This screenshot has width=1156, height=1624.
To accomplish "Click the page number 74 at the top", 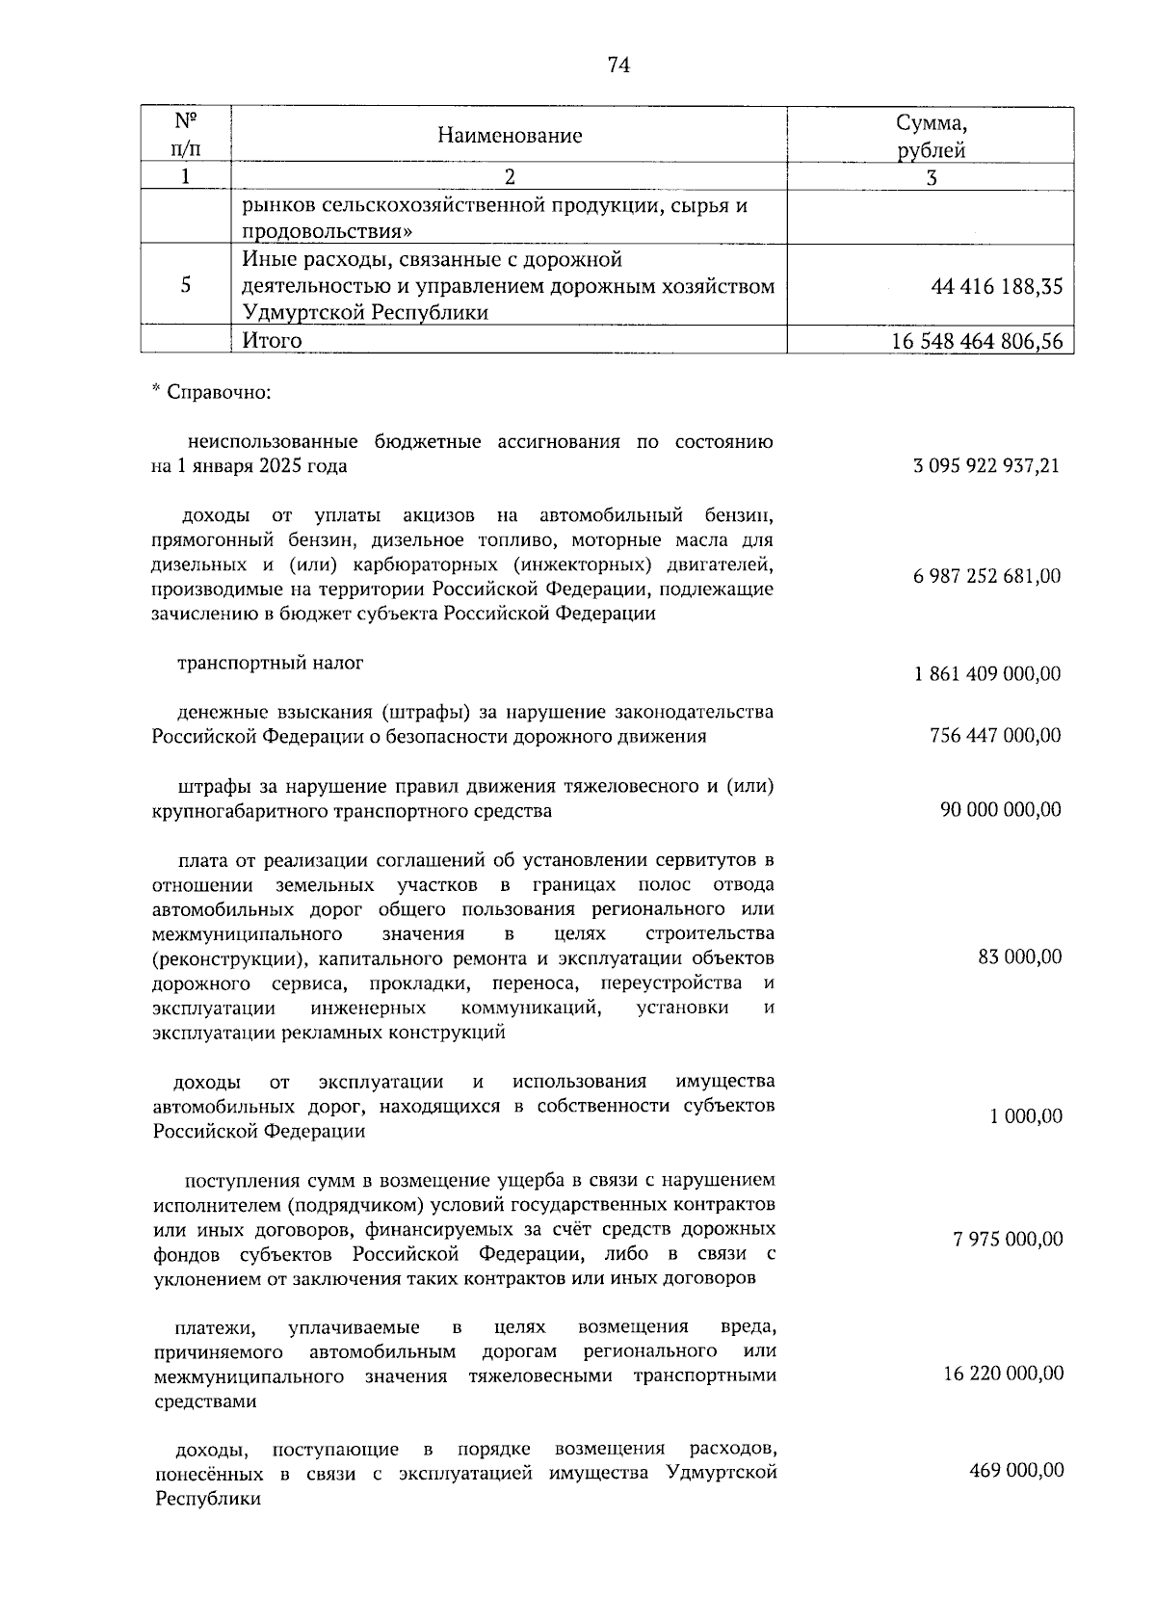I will tap(618, 65).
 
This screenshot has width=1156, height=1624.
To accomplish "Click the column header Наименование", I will tap(510, 136).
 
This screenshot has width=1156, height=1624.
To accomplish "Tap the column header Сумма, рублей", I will tap(931, 136).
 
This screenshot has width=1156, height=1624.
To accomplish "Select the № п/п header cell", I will tap(186, 136).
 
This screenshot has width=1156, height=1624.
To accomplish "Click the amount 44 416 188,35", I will tap(997, 286).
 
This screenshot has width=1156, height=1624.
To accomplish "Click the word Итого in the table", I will tap(272, 340).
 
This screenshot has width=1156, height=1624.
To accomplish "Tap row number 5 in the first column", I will tap(186, 286).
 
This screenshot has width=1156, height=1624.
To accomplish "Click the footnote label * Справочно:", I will tap(211, 393).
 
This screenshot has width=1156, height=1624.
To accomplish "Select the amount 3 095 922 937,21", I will tap(986, 466).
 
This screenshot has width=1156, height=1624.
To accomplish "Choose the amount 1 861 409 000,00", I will tap(986, 673).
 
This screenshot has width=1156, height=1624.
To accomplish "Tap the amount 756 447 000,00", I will tap(995, 736).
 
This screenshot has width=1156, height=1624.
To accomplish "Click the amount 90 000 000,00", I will tap(1001, 809).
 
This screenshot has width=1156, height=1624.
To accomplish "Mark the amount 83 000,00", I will tap(1020, 956).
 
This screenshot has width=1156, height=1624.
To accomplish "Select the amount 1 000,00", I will tap(1026, 1116).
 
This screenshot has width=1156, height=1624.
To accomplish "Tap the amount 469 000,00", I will tap(1015, 1470).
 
